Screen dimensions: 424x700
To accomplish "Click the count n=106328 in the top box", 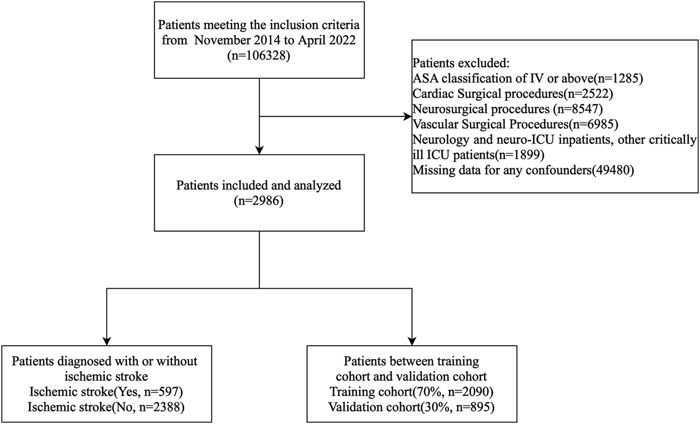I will (x=260, y=56).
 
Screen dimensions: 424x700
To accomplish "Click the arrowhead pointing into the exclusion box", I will (x=407, y=117).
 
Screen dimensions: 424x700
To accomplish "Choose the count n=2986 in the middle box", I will (x=259, y=202).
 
